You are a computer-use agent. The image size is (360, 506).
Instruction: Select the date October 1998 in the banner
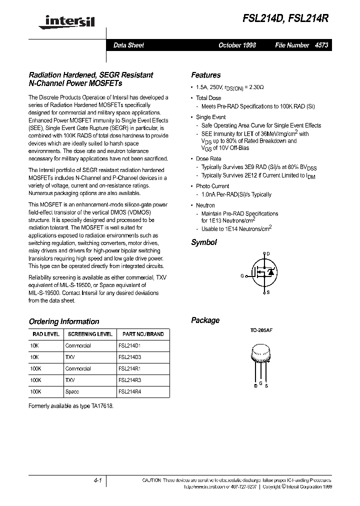[x=237, y=45]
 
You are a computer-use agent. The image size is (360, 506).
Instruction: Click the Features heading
[x=205, y=75]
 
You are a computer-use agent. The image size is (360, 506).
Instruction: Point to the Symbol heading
[x=204, y=242]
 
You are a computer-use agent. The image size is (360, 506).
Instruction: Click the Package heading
[x=205, y=320]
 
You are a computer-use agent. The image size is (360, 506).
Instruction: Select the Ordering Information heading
[x=64, y=321]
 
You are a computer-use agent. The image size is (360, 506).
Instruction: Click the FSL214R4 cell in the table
[x=130, y=391]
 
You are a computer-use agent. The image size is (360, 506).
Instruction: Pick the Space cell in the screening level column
[x=72, y=391]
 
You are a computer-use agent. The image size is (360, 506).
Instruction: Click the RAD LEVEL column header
[x=46, y=334]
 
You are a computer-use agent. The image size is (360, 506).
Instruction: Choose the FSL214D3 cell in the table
[x=130, y=357]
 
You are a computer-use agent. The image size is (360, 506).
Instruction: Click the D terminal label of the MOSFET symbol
[x=268, y=254]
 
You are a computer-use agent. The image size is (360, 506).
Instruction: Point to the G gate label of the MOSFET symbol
[x=242, y=275]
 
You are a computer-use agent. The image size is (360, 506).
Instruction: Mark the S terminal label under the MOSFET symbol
[x=268, y=292]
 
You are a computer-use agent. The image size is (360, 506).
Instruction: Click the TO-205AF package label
[x=261, y=331]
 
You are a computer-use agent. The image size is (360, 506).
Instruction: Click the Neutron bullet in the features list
[x=205, y=205]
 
